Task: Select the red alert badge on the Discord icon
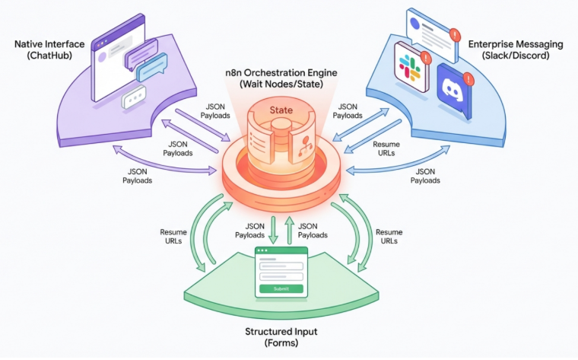pyautogui.click(x=469, y=79)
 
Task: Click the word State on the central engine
pyautogui.click(x=282, y=111)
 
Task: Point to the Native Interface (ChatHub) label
pyautogui.click(x=47, y=50)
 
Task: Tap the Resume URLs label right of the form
pyautogui.click(x=390, y=236)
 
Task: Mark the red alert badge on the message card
pyautogui.click(x=455, y=34)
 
